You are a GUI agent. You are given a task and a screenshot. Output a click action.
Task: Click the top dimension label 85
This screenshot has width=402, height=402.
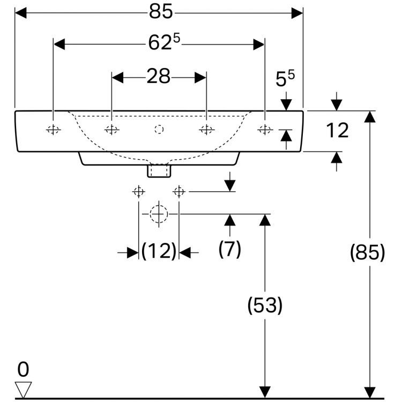[159, 12]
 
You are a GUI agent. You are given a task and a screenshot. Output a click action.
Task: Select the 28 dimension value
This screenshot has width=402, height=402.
[158, 77]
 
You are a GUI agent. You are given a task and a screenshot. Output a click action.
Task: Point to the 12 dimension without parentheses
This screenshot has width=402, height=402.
[337, 130]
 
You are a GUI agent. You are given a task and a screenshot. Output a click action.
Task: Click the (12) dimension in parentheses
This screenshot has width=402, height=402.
[159, 251]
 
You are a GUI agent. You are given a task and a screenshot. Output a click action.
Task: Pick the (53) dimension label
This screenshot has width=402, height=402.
[264, 306]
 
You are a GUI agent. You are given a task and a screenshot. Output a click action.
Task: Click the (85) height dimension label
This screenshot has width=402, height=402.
[367, 252]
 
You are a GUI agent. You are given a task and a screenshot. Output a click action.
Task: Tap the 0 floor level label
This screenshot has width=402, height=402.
[23, 369]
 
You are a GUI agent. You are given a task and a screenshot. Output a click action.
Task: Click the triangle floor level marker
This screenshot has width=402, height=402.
[24, 389]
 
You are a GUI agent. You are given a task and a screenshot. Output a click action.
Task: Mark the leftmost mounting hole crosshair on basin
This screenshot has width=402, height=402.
[53, 129]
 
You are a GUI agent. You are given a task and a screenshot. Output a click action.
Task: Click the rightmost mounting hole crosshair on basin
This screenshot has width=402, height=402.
[265, 129]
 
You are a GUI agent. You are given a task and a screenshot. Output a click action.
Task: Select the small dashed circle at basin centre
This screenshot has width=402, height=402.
[159, 129]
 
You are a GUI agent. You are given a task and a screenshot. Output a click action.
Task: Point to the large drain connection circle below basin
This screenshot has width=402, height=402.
[159, 213]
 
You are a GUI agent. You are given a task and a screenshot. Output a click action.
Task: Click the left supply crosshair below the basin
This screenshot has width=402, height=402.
[139, 191]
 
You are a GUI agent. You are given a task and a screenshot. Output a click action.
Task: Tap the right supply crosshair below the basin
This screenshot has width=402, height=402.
[179, 191]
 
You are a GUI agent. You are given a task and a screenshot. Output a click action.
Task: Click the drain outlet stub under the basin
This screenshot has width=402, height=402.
[159, 170]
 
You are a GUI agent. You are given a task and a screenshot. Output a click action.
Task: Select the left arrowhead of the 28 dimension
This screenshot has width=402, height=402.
[116, 77]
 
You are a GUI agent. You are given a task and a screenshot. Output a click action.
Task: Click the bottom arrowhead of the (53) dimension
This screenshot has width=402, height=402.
[264, 392]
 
